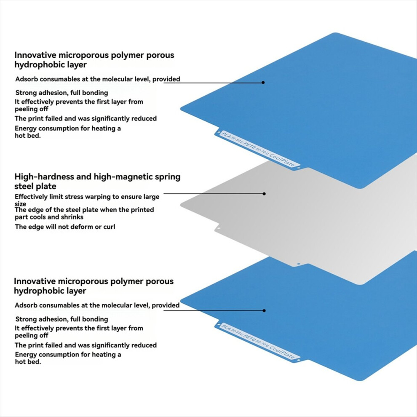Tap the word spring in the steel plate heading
click(168, 177)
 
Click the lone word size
click(20, 204)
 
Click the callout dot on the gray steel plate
click(264, 194)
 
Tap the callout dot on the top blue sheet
click(263, 83)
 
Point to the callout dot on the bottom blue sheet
click(264, 310)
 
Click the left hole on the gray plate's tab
click(219, 228)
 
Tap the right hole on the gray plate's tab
click(298, 264)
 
